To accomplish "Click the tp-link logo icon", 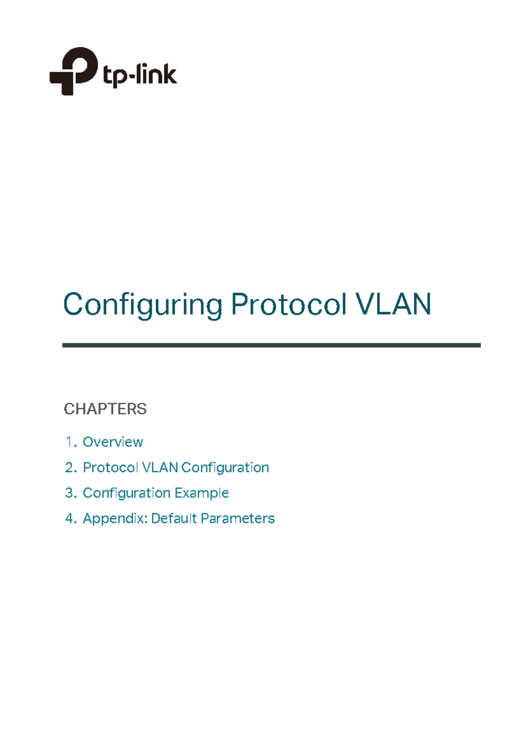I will click(x=73, y=71).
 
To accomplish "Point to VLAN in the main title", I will click(x=393, y=304).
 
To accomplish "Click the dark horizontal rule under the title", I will click(x=271, y=345).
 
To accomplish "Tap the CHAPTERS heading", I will click(x=105, y=409).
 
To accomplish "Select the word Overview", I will click(x=113, y=442).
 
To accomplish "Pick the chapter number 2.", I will click(x=70, y=467).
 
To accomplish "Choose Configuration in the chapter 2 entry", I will click(x=225, y=468).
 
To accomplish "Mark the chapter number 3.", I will click(x=70, y=493).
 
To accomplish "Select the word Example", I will click(x=202, y=493).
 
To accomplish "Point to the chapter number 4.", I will click(x=70, y=518).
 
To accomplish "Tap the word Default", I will click(x=174, y=518).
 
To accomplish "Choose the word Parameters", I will click(x=238, y=518).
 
